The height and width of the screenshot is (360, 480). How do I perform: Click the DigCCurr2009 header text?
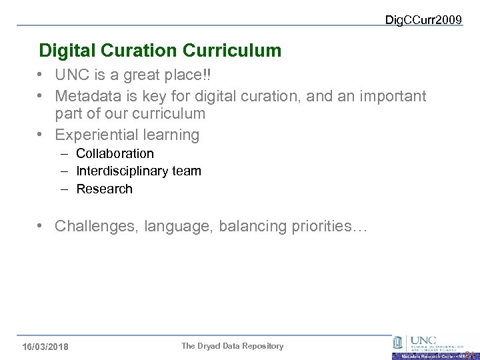pos(423,20)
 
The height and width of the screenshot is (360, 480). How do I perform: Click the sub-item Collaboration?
pos(115,153)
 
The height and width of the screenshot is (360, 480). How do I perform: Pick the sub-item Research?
pos(104,189)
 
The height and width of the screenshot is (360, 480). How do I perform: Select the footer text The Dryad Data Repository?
pos(232,346)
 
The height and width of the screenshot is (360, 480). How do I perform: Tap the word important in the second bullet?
pos(393,97)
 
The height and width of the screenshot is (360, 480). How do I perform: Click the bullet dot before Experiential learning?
pos(42,135)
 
